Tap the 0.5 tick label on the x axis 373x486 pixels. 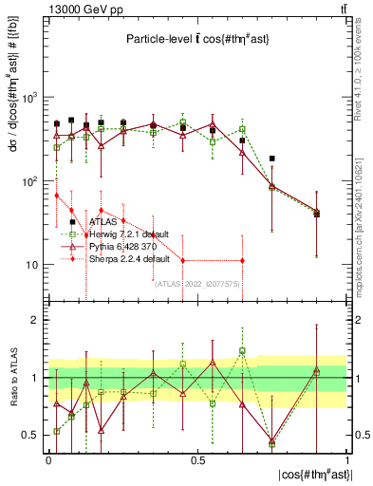[197, 458]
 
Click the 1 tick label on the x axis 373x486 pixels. [347, 458]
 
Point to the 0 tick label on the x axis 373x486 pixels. [48, 458]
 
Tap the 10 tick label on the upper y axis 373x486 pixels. [28, 265]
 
